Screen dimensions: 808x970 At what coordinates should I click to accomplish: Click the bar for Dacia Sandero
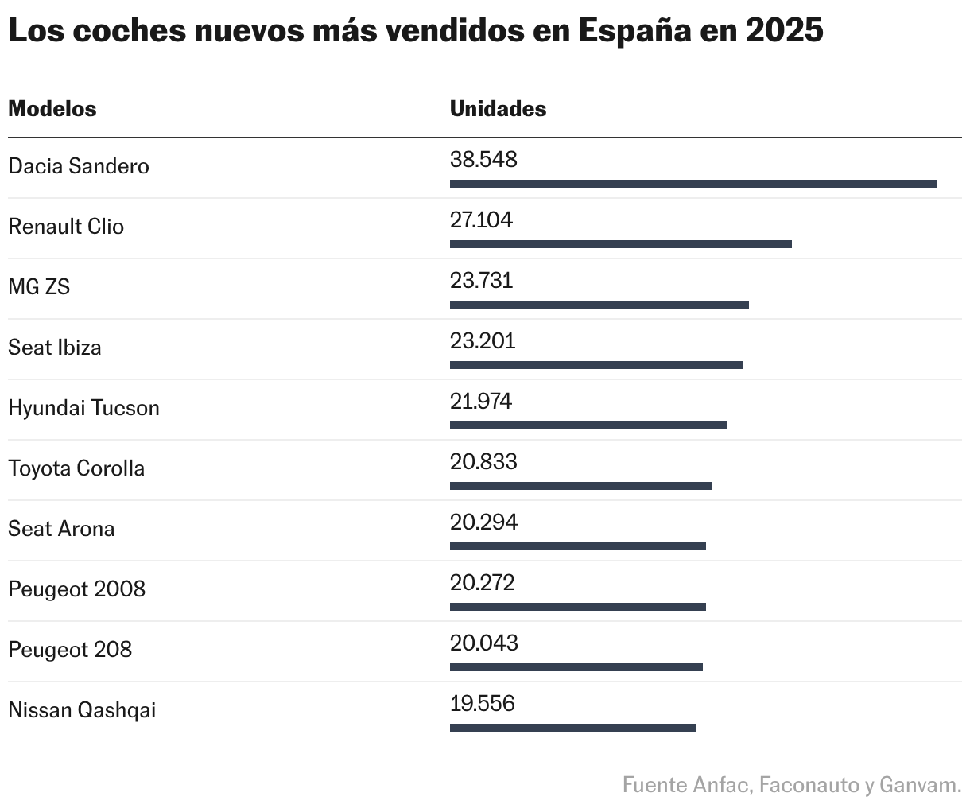693,184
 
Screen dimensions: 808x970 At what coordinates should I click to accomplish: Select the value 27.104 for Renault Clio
481,220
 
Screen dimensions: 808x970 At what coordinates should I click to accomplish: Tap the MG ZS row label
39,287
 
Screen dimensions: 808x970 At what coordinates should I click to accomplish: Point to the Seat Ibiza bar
596,365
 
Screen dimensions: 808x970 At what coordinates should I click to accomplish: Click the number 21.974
481,402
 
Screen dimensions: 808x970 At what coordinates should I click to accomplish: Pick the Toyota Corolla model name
76,468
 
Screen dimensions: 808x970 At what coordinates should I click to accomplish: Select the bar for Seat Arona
577,546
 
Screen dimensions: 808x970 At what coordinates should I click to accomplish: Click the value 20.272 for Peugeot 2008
483,583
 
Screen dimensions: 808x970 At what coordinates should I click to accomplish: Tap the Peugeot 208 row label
70,650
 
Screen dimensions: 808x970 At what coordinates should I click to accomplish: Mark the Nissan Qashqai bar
572,728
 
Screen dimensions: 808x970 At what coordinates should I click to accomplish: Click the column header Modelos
52,109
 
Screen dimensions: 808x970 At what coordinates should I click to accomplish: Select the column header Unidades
498,109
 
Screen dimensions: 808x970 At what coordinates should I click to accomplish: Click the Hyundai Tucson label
83,408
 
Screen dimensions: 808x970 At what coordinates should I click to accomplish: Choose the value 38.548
483,160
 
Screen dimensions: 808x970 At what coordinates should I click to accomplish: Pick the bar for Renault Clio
620,244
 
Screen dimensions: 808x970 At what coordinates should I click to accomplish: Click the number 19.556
483,704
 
